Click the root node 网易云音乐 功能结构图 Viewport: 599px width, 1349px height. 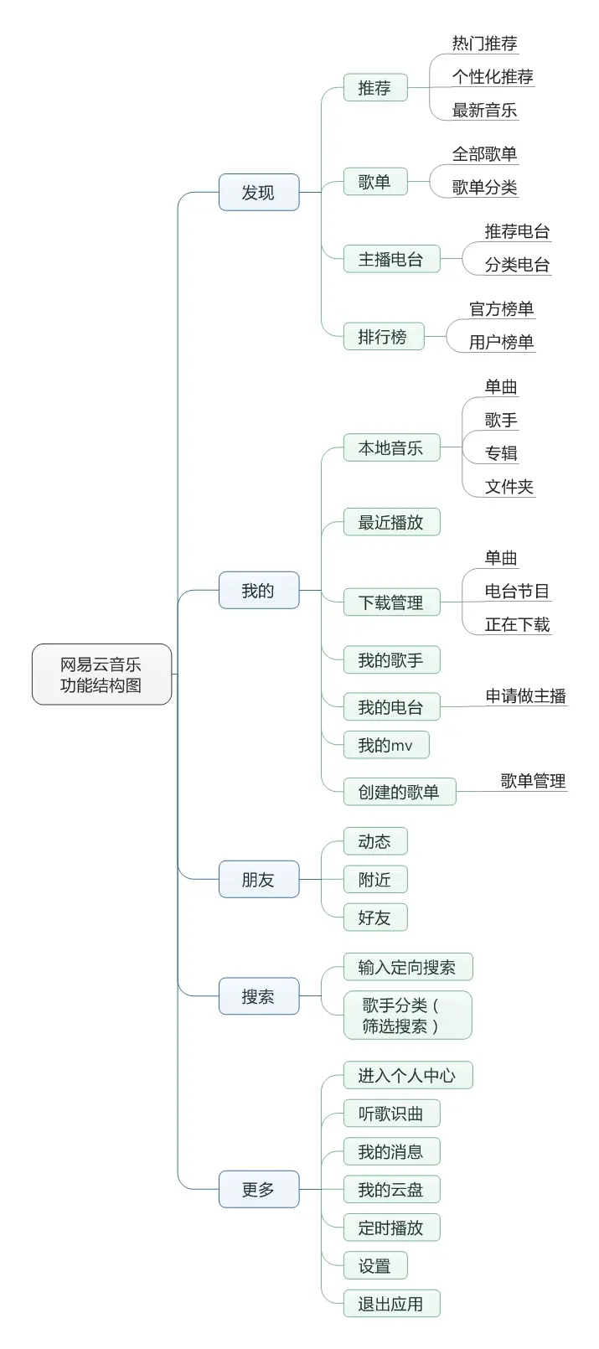tap(101, 674)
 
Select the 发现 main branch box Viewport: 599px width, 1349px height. tap(258, 193)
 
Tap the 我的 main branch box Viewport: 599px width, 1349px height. tap(258, 591)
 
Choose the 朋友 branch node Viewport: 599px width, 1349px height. tap(258, 880)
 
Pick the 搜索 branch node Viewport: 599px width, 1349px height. tap(258, 996)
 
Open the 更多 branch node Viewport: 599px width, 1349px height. tap(258, 1189)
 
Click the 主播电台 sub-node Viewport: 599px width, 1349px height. tap(390, 260)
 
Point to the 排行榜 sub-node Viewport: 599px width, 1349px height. tap(383, 337)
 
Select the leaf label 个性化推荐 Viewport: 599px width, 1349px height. tap(493, 77)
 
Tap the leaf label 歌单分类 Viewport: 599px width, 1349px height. tap(484, 188)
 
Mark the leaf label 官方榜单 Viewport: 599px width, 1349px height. tap(501, 309)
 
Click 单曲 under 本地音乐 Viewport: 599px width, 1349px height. tap(501, 387)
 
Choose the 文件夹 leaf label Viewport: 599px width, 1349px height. tap(509, 487)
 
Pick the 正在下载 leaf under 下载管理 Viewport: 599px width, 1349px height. tap(517, 625)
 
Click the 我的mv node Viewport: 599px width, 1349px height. tap(385, 745)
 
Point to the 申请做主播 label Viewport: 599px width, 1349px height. tap(525, 696)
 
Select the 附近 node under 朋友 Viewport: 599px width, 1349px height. tap(374, 880)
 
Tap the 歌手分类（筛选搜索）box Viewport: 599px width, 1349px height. tap(407, 1016)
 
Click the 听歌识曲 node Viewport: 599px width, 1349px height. tap(390, 1114)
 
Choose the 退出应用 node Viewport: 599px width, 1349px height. tap(390, 1304)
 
